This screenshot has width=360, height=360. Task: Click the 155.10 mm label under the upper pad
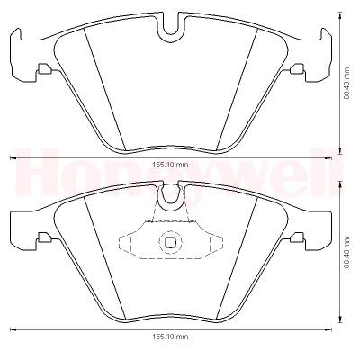(170, 165)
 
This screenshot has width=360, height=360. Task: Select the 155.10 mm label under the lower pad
(170, 337)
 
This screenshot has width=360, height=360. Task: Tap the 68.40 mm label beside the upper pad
(346, 83)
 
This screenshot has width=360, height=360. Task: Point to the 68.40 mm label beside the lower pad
(346, 252)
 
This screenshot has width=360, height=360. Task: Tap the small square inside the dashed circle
(169, 242)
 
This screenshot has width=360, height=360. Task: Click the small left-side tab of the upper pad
(44, 69)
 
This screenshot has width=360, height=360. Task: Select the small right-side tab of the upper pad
(298, 69)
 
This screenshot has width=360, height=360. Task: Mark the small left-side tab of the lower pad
(44, 238)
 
